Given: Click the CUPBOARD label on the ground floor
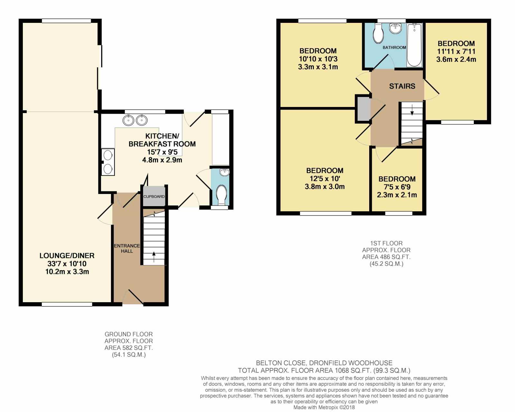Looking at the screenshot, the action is point(154,196).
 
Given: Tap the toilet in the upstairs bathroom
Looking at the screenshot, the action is point(378,34).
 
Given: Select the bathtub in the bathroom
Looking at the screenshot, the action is point(414,45).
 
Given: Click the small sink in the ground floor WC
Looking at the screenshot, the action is point(224,172).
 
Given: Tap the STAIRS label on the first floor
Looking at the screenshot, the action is point(402,86).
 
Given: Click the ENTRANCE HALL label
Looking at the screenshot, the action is point(127,248).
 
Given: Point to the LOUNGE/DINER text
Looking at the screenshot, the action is point(67,255).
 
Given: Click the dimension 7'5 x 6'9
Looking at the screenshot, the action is point(397,187).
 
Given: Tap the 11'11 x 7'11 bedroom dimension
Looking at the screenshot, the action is point(456,51).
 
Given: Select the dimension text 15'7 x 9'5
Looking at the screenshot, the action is point(162,152).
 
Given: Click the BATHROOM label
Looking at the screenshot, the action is point(394,47).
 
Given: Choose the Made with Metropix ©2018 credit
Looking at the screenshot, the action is point(324,407).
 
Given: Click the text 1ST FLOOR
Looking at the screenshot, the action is point(386,244).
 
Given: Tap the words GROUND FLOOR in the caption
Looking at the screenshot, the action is point(128,334).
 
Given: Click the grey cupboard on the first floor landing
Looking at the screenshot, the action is point(364,109).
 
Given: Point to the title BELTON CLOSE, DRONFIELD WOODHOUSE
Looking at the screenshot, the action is point(324,363).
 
